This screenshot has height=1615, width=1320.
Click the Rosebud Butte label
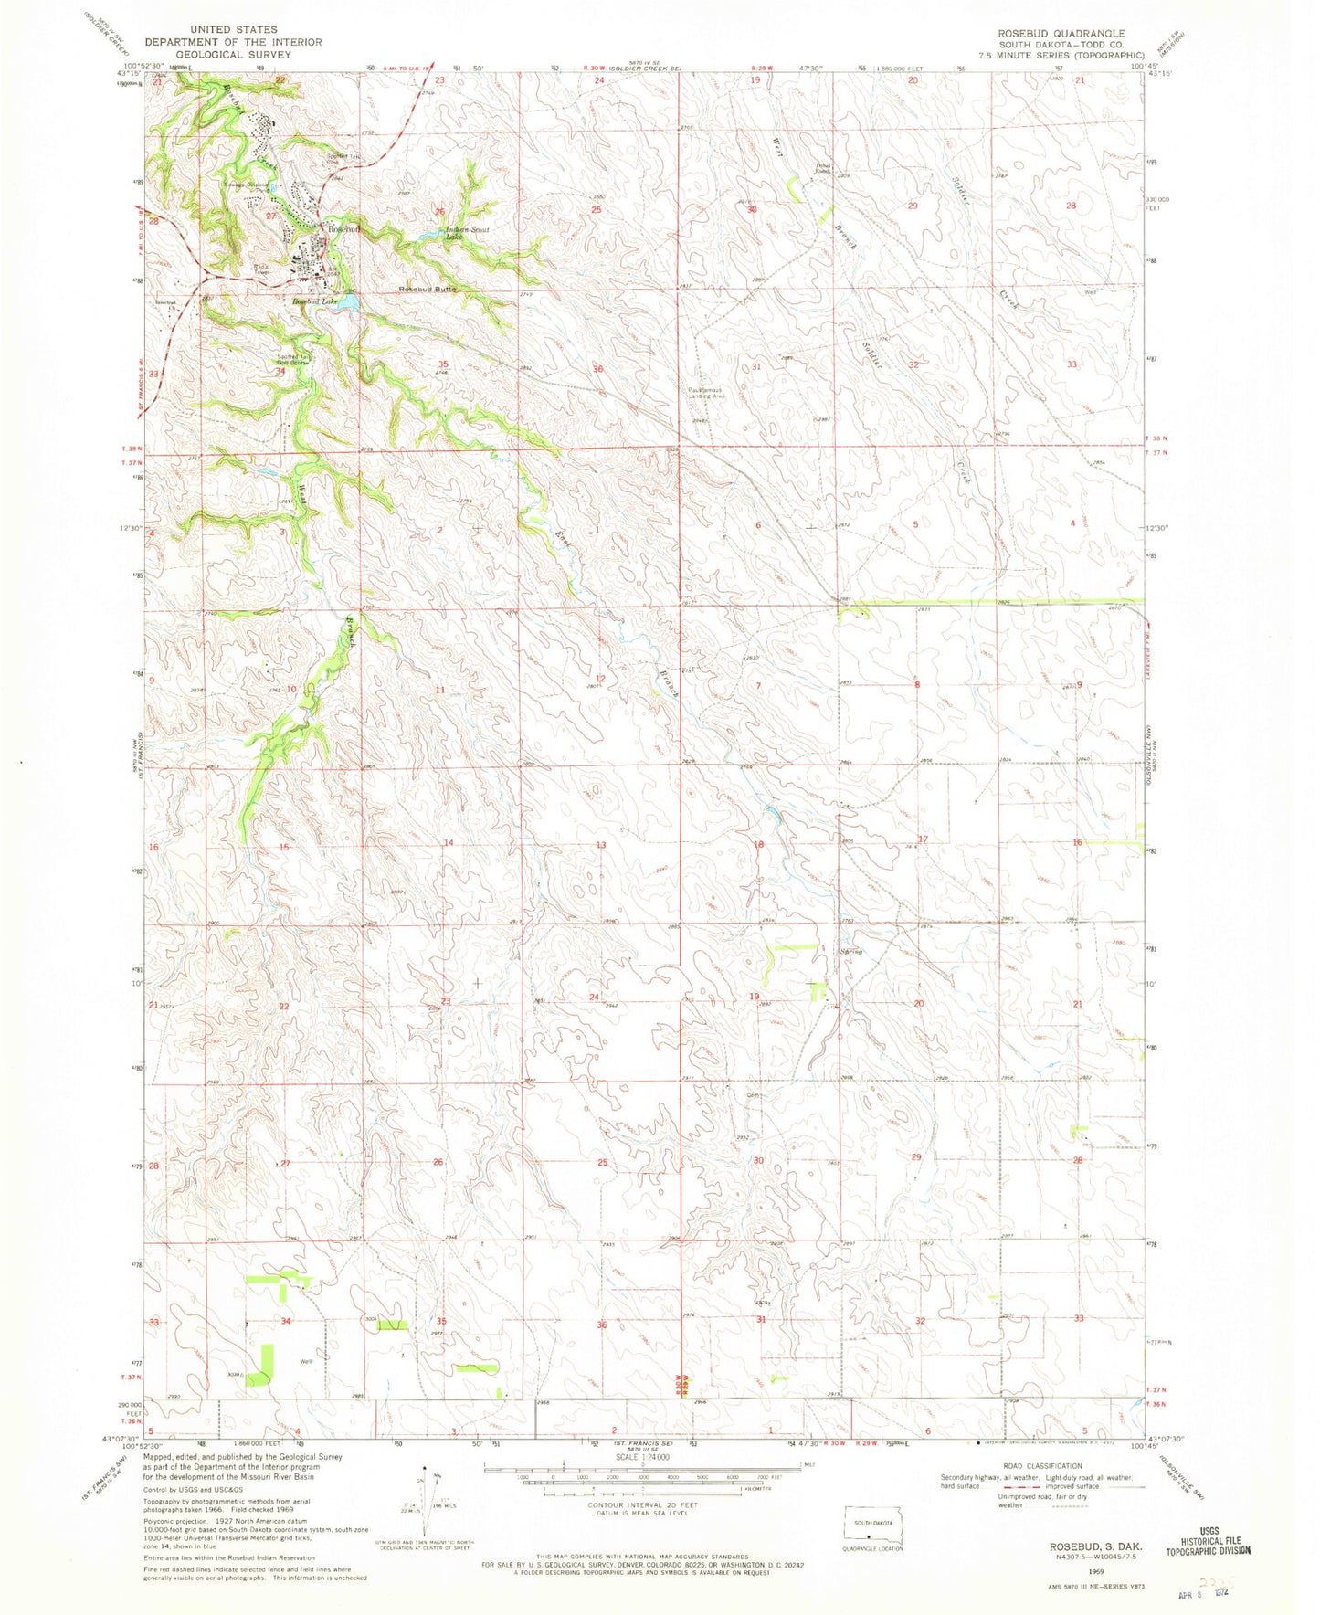click(427, 290)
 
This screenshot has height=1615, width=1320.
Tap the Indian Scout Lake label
click(462, 233)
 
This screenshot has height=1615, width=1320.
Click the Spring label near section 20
click(850, 951)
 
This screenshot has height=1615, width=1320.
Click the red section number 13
click(601, 845)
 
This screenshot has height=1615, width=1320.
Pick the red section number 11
click(440, 690)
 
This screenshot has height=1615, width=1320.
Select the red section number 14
click(449, 842)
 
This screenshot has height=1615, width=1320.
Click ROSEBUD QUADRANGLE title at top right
click(1061, 33)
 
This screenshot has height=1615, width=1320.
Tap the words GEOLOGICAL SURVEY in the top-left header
click(233, 54)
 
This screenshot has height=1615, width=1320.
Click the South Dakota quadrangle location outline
click(873, 1528)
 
